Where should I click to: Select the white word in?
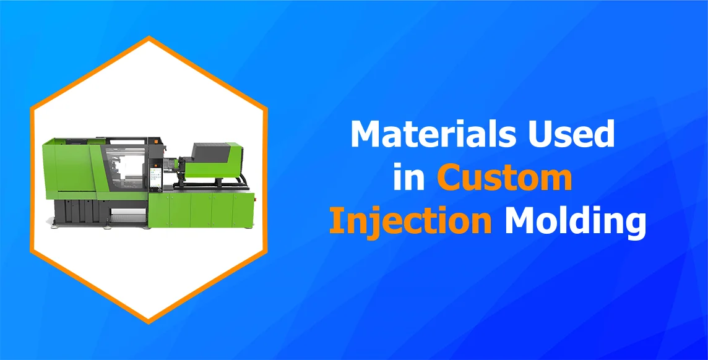coord(409,178)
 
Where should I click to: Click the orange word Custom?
coord(505,178)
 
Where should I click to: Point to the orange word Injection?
coord(410,221)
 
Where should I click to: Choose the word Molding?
coord(576,221)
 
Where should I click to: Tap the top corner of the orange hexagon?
coord(149,38)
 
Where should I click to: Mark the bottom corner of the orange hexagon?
coord(149,322)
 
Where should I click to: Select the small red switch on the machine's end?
coord(253,197)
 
